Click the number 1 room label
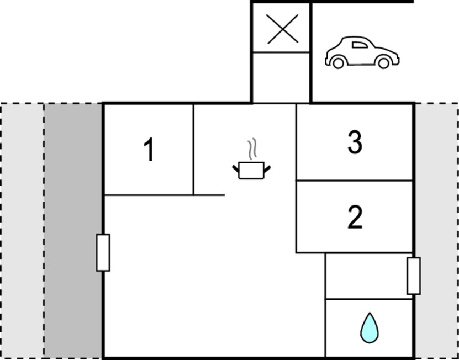pos(150,149)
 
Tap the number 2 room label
pos(355,217)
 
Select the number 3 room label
pos(355,142)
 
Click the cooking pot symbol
pos(251,170)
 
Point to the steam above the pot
pos(252,149)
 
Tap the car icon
pos(362,52)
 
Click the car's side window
pos(360,45)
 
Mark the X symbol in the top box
pos(282,29)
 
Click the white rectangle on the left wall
pos(103,252)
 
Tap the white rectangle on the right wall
pos(414,276)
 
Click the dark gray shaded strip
pos(73,231)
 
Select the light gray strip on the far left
pos(23,231)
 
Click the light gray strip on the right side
pos(436,231)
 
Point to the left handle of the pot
pos(236,168)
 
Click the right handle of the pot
pos(267,168)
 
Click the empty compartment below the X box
pos(281,78)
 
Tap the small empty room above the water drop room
pos(369,276)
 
